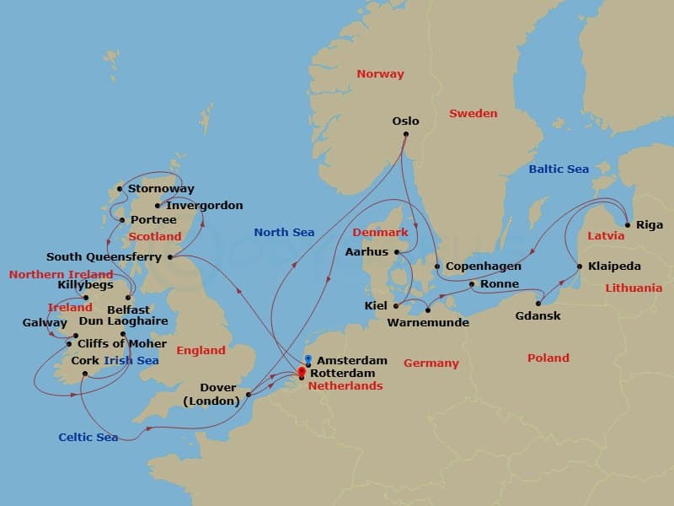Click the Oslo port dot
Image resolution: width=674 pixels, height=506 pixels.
pyautogui.click(x=405, y=134)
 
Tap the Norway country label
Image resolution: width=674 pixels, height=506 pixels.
pyautogui.click(x=380, y=74)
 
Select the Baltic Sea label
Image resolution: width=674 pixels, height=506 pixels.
pyautogui.click(x=559, y=170)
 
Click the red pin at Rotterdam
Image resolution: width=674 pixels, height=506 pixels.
pyautogui.click(x=302, y=372)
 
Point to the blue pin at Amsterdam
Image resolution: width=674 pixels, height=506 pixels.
pyautogui.click(x=308, y=359)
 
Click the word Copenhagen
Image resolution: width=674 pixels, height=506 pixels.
pyautogui.click(x=483, y=266)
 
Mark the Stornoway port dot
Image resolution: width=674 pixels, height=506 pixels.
pyautogui.click(x=120, y=189)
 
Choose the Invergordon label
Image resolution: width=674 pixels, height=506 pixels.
pyautogui.click(x=204, y=205)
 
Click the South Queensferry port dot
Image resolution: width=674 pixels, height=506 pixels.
pyautogui.click(x=170, y=257)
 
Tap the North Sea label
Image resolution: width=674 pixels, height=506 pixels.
pyautogui.click(x=284, y=233)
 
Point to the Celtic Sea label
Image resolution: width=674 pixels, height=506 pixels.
pyautogui.click(x=88, y=437)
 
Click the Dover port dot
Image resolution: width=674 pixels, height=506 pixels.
pyautogui.click(x=248, y=394)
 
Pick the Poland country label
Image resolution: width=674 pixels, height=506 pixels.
pyautogui.click(x=548, y=358)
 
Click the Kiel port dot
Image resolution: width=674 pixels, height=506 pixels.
pyautogui.click(x=395, y=305)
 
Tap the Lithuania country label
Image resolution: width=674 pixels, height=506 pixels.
pyautogui.click(x=634, y=288)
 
